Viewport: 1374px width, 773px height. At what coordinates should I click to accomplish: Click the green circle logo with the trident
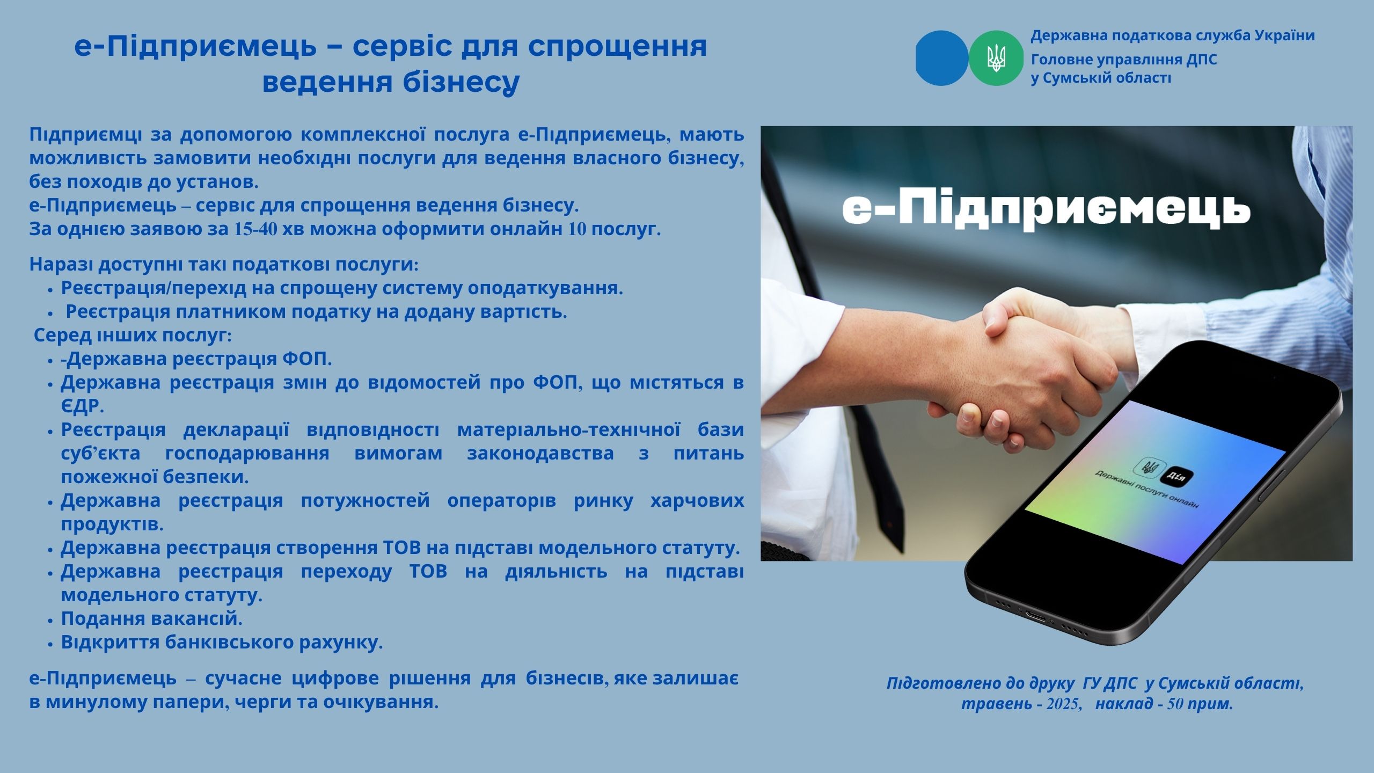[x=996, y=58]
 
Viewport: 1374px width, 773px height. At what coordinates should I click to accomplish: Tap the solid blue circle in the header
[x=942, y=58]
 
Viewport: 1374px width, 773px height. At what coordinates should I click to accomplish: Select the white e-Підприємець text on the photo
[x=1046, y=209]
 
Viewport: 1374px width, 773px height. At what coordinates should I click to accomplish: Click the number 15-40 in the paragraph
[x=256, y=229]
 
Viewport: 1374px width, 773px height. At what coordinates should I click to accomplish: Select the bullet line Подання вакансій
[x=152, y=618]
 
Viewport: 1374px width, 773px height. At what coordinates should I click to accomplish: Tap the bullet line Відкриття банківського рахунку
[x=222, y=642]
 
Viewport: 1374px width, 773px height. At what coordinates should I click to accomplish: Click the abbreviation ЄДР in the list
[x=82, y=406]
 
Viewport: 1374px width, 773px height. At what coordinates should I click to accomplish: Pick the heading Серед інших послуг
[x=133, y=336]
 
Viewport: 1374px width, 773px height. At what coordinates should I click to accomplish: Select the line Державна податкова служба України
[x=1173, y=36]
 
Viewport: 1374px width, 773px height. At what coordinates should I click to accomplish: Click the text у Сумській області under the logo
[x=1101, y=78]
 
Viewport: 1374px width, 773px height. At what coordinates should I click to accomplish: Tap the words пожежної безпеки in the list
[x=155, y=477]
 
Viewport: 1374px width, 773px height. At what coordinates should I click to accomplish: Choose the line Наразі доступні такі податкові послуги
[x=224, y=265]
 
